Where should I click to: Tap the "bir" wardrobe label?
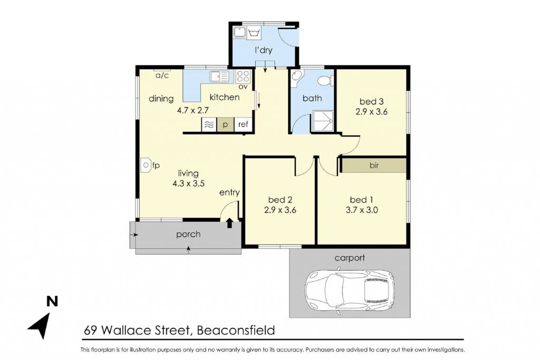374,166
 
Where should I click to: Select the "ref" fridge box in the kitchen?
243,124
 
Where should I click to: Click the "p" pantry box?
225,124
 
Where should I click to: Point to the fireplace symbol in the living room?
146,165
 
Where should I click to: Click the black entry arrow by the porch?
230,222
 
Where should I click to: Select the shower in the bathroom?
323,121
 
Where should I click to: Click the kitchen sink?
219,76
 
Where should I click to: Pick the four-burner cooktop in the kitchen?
244,76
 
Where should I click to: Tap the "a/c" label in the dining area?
162,75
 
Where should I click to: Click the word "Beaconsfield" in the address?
236,330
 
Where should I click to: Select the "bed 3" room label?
371,102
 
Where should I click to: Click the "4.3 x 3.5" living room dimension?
188,183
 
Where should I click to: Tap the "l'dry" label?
264,50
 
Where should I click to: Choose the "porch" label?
188,235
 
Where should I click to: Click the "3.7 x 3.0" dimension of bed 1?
362,210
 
